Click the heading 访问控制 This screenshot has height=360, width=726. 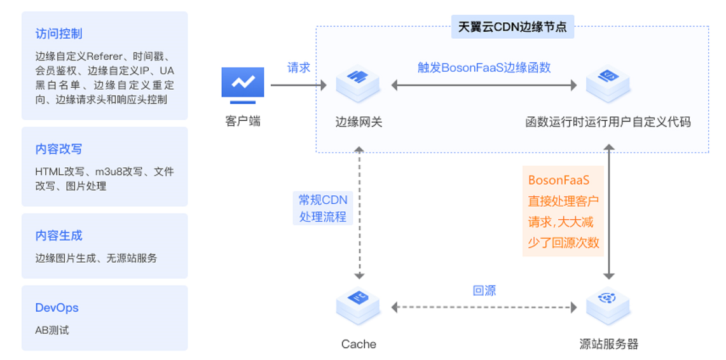(x=59, y=34)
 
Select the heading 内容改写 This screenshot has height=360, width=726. (x=59, y=149)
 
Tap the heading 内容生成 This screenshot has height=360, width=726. (x=59, y=236)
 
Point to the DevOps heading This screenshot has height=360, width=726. (x=57, y=308)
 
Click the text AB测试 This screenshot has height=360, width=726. (x=52, y=330)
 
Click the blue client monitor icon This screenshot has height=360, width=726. (x=242, y=85)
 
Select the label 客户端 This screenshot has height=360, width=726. (x=243, y=121)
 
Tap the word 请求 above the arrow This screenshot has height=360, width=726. (x=299, y=67)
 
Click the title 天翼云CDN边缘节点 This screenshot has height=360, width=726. (x=512, y=27)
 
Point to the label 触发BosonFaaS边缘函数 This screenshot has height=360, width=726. (x=484, y=67)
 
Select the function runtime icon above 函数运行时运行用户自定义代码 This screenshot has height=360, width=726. (x=608, y=83)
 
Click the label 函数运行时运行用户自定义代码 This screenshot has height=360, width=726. (x=608, y=121)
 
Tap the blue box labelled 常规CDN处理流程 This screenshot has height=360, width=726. (x=323, y=208)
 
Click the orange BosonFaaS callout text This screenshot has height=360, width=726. (x=563, y=211)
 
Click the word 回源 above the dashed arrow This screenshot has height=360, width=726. (x=484, y=291)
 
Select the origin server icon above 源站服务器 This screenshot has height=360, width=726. (x=608, y=306)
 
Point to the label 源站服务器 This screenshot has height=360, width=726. (x=608, y=344)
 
